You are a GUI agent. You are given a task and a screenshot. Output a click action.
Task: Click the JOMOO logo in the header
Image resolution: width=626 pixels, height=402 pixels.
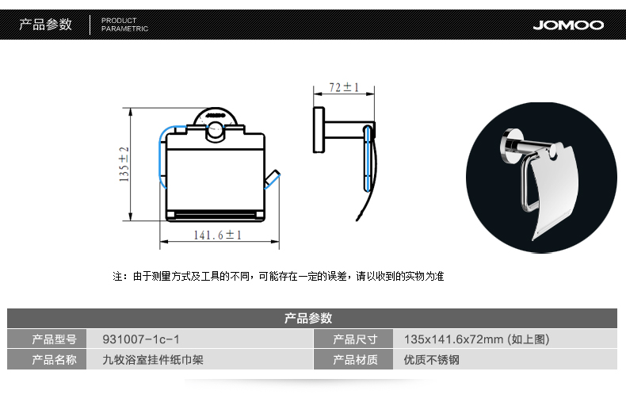pos(568,25)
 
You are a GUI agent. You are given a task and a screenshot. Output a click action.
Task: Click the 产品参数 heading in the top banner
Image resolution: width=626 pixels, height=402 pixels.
pos(45,25)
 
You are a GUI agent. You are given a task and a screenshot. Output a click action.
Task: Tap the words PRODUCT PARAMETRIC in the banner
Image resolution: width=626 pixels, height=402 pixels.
pos(124,25)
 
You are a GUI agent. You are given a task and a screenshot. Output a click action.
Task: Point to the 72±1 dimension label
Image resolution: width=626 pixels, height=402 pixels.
pos(343,86)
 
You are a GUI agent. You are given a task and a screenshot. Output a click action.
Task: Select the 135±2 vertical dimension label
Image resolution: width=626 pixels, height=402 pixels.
pos(124,164)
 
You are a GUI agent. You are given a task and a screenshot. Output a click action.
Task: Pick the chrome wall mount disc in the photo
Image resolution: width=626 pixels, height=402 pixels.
pos(511,144)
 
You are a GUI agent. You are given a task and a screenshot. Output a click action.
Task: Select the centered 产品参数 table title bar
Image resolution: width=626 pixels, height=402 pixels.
pos(308,318)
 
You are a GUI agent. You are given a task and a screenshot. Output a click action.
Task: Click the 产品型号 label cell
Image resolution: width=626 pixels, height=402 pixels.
pos(54,339)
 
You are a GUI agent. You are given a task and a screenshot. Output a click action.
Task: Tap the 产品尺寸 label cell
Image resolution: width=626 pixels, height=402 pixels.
pos(355,339)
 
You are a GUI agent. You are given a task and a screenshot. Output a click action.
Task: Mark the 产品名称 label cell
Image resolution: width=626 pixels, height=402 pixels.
pos(54,360)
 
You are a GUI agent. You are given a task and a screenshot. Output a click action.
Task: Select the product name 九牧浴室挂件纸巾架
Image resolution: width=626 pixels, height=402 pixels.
pos(153,360)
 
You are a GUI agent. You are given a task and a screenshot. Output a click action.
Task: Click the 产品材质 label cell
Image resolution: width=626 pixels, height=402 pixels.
pos(355,360)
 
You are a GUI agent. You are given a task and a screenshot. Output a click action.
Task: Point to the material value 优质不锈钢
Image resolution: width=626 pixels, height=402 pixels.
pos(431,360)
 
